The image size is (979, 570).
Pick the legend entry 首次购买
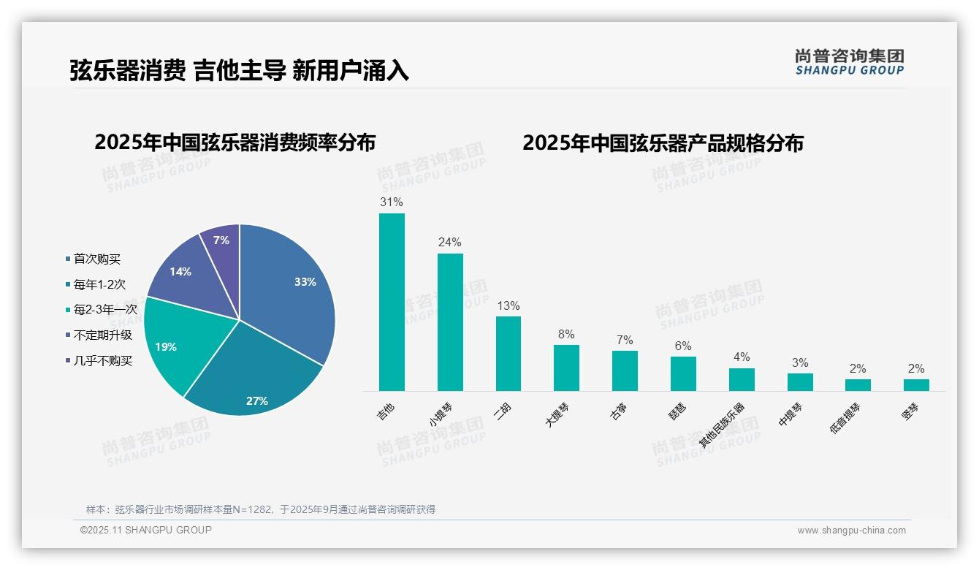97,259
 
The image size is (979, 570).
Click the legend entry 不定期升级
103,335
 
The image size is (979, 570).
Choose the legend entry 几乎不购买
103,361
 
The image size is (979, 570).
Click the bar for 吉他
392,303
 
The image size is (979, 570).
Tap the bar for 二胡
508,354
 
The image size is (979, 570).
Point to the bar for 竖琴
916,385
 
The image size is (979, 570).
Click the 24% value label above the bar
449,242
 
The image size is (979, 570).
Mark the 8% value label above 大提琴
566,334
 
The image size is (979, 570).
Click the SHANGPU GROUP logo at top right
849,62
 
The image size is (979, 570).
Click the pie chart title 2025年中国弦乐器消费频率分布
235,142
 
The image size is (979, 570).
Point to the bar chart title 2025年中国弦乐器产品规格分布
663,142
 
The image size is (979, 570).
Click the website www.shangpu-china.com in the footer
851,531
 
